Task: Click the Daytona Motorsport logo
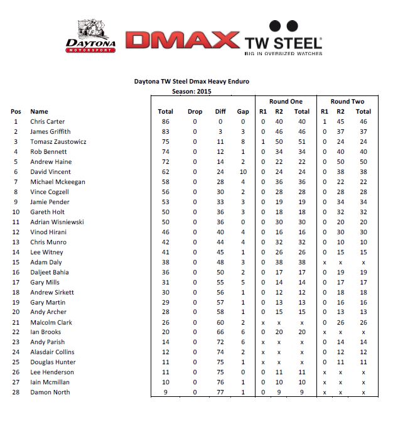coord(92,37)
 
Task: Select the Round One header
coord(286,101)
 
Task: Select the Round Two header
coord(347,101)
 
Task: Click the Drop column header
coord(195,111)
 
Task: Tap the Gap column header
coord(243,111)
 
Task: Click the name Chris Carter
coord(48,121)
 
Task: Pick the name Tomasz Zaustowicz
coord(58,141)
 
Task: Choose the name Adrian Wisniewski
coord(57,222)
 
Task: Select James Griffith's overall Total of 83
coord(166,131)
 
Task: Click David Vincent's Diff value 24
coord(221,171)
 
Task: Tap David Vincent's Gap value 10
coord(243,171)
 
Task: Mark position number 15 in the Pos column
coord(16,262)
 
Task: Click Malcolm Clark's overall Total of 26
coord(166,322)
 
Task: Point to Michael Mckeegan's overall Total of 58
coord(166,181)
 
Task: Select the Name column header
coord(39,111)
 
